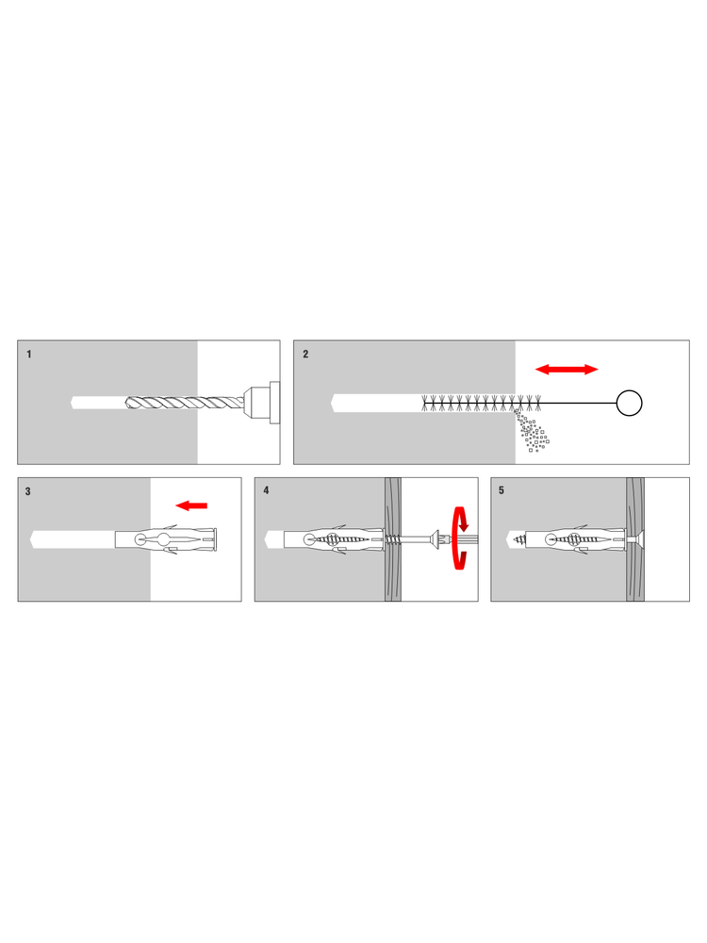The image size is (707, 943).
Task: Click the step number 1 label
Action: click(29, 355)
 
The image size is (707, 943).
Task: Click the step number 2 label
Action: click(305, 355)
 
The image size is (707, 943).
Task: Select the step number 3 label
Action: click(27, 491)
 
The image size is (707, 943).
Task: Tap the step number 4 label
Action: click(266, 490)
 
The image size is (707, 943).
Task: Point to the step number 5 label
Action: click(501, 490)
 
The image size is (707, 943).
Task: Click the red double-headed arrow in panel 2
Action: click(567, 370)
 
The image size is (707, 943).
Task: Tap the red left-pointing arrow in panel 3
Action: click(191, 505)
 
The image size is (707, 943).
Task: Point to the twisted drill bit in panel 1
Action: click(185, 403)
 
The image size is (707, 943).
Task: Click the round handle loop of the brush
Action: click(629, 403)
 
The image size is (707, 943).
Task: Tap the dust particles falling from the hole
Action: click(532, 431)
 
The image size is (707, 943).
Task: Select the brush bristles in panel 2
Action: click(482, 403)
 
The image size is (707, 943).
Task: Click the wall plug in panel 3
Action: click(166, 538)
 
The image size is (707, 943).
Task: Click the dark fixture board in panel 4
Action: click(392, 539)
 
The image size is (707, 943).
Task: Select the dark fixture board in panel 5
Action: click(634, 539)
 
